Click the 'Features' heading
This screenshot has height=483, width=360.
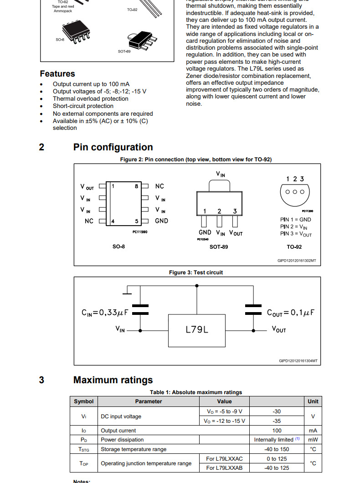click(x=57, y=74)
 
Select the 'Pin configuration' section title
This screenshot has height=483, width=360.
click(x=113, y=147)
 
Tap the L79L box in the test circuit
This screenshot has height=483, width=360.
click(x=197, y=329)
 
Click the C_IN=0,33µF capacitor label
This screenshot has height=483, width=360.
click(x=104, y=313)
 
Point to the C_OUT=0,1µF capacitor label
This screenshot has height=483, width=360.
click(x=291, y=313)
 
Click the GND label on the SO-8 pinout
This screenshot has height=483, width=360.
click(x=161, y=221)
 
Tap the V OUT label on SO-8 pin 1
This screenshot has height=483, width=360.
click(x=87, y=187)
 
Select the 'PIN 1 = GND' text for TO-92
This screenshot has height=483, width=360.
click(x=296, y=220)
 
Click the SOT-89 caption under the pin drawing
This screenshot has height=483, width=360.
click(x=219, y=247)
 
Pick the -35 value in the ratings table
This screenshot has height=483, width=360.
click(x=277, y=421)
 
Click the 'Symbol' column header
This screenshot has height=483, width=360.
click(x=84, y=401)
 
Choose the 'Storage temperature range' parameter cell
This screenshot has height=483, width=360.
click(x=134, y=449)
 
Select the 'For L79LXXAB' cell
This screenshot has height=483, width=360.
click(x=224, y=468)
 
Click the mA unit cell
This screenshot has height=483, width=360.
click(x=313, y=430)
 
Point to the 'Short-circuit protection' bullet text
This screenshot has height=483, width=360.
click(x=83, y=106)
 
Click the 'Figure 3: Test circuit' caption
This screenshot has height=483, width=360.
click(x=196, y=272)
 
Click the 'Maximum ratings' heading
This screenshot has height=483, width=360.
click(x=113, y=380)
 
